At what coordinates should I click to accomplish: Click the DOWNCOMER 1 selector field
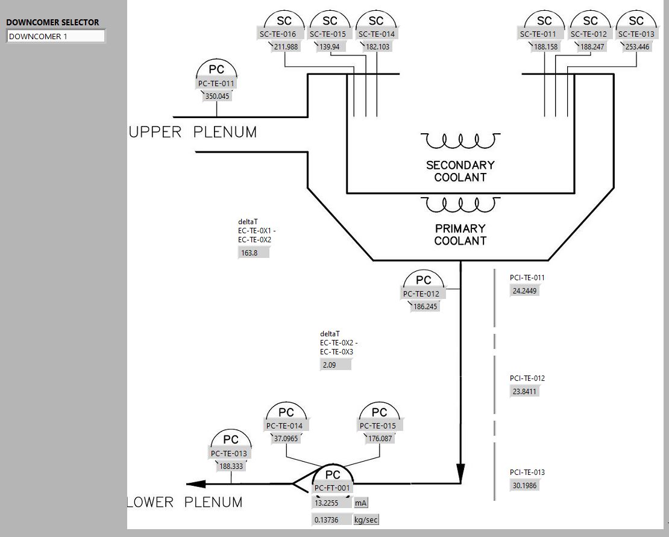click(55, 36)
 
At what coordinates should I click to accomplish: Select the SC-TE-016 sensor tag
click(278, 34)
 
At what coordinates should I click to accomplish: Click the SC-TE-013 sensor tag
click(636, 34)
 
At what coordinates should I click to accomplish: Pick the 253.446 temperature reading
click(637, 47)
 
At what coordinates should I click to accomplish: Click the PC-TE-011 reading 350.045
click(218, 96)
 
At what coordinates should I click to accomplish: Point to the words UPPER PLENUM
click(193, 132)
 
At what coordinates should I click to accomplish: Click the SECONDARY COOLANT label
click(460, 171)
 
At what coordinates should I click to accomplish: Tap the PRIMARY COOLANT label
click(460, 234)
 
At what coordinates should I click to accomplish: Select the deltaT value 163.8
click(253, 253)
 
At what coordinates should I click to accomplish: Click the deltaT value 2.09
click(335, 365)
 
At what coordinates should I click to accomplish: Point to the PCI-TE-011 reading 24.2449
click(524, 291)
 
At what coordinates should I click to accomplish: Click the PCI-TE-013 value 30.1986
click(524, 486)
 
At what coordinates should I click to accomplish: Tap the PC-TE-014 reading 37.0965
click(286, 439)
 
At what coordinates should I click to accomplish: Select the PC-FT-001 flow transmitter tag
click(332, 488)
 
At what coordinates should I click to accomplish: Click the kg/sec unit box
click(366, 520)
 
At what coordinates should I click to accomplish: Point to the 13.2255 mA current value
click(331, 503)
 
